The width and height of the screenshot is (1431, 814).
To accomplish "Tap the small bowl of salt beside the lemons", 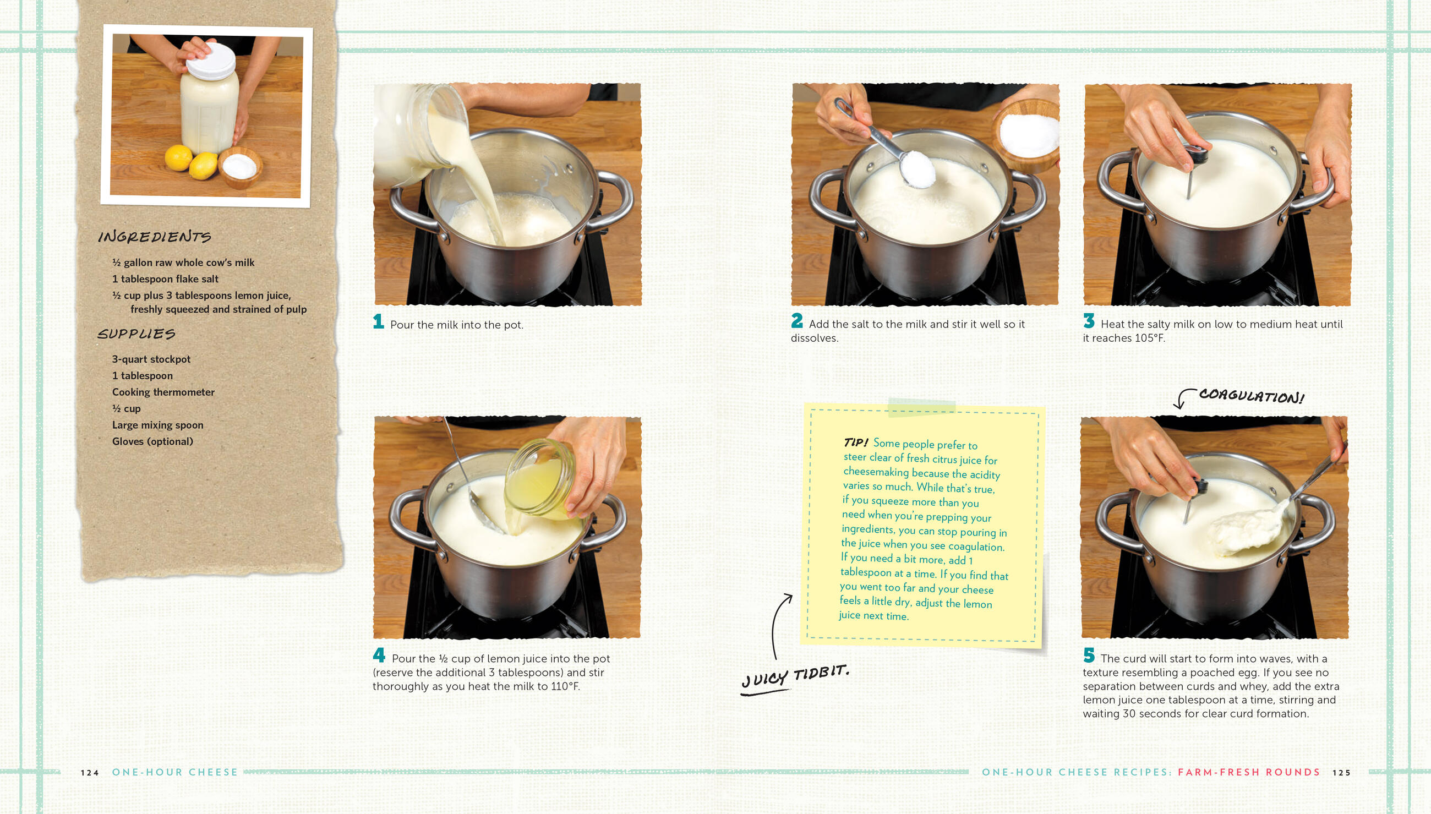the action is click(x=241, y=167).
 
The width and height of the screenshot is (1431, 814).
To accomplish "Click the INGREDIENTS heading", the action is click(x=154, y=237).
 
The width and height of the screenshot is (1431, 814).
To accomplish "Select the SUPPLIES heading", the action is click(x=136, y=334).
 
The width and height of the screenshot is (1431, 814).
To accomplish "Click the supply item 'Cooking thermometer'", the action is click(x=163, y=392).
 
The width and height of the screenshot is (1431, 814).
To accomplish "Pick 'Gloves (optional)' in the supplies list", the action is click(x=152, y=441).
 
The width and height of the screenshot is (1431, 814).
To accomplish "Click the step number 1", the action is click(x=379, y=321).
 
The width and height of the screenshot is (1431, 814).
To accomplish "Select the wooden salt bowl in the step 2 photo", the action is click(x=1028, y=135).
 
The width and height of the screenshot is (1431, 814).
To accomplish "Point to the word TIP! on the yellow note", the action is click(x=856, y=442).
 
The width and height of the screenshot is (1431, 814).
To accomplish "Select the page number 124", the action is click(x=90, y=773).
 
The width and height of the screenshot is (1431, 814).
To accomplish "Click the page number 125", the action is click(x=1342, y=773).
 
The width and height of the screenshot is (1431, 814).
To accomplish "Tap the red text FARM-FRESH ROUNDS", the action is click(x=1249, y=772).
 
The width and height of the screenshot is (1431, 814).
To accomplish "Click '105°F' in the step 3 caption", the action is click(x=1150, y=338).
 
